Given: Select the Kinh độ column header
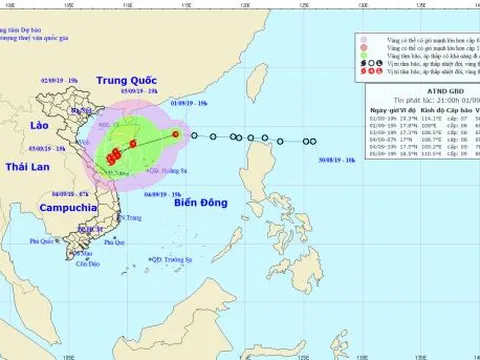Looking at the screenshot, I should pyautogui.click(x=419, y=136).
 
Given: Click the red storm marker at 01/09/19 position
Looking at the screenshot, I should pyautogui.click(x=174, y=134).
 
